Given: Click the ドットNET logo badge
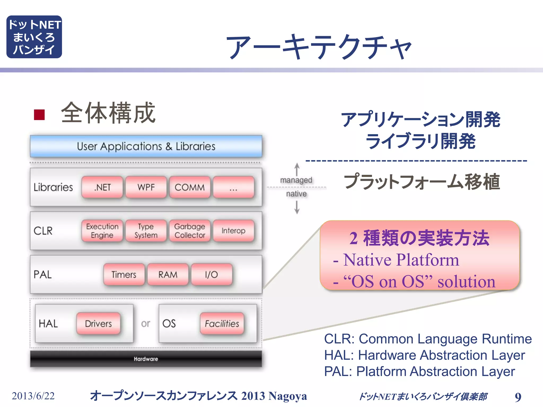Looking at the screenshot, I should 34,37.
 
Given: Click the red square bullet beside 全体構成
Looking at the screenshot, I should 39,115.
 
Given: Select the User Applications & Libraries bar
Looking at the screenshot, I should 146,146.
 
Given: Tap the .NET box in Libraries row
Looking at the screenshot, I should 102,187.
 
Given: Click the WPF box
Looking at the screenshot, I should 146,187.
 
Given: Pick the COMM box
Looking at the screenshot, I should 190,187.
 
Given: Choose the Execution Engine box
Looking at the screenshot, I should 102,231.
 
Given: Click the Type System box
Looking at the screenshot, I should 146,231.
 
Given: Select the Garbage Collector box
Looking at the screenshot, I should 190,231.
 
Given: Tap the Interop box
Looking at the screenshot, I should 234,231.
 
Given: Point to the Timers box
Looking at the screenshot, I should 124,275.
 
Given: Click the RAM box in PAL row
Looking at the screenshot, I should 168,275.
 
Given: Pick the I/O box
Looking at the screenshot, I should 212,275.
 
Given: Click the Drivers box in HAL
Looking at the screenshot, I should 98,324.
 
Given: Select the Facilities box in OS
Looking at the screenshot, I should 222,324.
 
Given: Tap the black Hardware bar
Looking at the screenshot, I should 146,359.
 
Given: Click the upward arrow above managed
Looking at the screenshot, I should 297,169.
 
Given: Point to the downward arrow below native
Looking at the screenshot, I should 297,207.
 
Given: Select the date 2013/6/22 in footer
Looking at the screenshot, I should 33,396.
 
